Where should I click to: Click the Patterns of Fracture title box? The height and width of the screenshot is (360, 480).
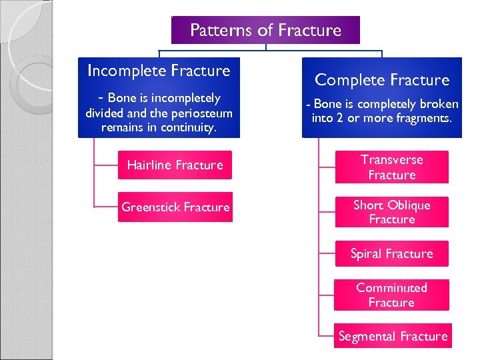pos(265,31)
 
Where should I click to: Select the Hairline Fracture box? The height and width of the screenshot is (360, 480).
pos(175,165)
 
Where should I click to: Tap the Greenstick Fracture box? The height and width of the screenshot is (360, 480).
pos(175,207)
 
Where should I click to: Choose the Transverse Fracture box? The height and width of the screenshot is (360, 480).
pos(391,167)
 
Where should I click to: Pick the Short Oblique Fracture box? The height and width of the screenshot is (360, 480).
pos(391,212)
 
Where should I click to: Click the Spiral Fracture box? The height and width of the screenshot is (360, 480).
pos(391,254)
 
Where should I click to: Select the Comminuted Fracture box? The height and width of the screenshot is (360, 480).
pos(391,295)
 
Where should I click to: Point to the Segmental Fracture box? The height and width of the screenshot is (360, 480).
pos(393,337)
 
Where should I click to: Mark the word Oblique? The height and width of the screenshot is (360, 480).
pos(408,205)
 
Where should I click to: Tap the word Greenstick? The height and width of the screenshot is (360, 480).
pos(151,207)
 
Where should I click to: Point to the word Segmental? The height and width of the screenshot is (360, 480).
pos(368,337)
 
